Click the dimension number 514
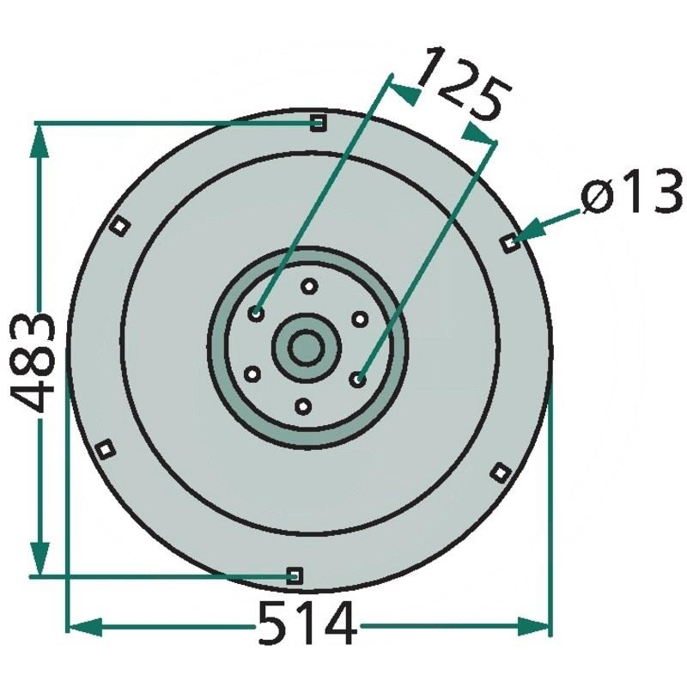click(x=307, y=624)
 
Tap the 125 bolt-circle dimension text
click(x=464, y=87)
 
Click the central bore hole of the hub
click(x=305, y=348)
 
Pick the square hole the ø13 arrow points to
click(x=510, y=243)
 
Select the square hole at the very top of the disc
click(x=319, y=124)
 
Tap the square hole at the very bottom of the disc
click(x=294, y=575)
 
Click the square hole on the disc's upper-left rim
click(x=120, y=226)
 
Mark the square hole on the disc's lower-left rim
click(x=106, y=448)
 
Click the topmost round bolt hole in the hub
click(x=310, y=287)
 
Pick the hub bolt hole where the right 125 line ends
click(x=359, y=378)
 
